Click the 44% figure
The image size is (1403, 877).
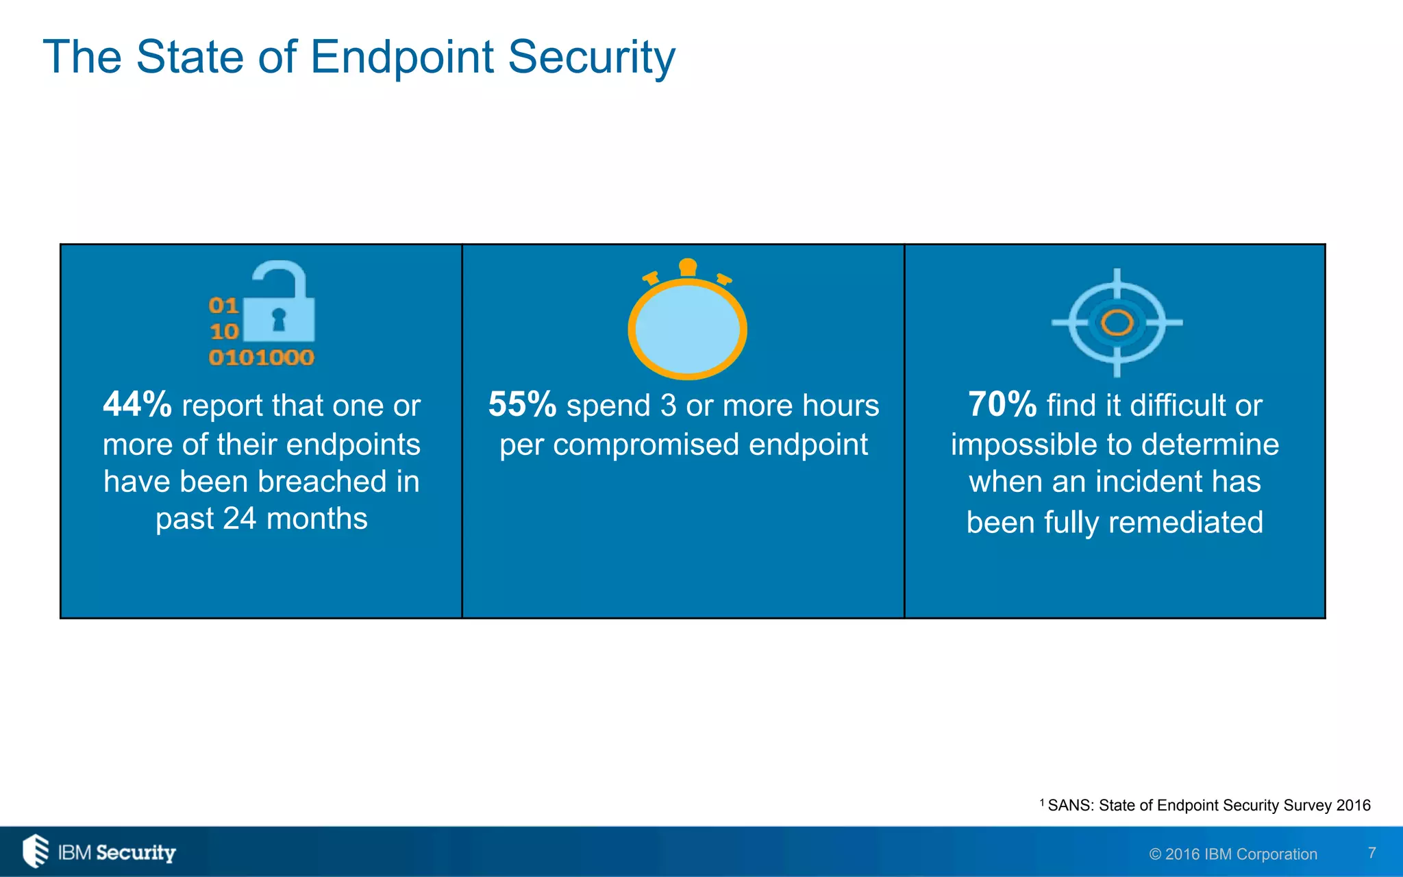tap(137, 404)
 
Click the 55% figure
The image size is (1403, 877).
tap(522, 404)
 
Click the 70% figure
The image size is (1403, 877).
tap(1002, 404)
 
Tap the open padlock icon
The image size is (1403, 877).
tap(280, 303)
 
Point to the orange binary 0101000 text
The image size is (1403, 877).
tap(261, 357)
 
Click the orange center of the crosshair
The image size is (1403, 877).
tap(1117, 323)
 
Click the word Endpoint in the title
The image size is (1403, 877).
tap(402, 58)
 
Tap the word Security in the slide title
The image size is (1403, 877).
tap(591, 58)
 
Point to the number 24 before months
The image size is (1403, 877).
tap(239, 519)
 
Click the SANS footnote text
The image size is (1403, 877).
tap(1208, 806)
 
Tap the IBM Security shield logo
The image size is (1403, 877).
tap(36, 851)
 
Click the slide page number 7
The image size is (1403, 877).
tap(1371, 853)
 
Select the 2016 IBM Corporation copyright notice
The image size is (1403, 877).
tap(1233, 854)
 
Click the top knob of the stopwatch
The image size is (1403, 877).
tap(688, 267)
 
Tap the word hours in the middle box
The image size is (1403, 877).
tap(840, 406)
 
